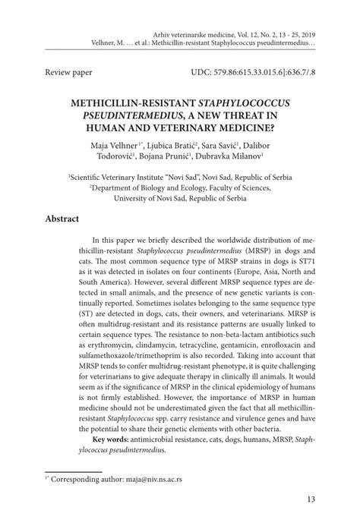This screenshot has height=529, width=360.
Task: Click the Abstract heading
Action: coord(62,218)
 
